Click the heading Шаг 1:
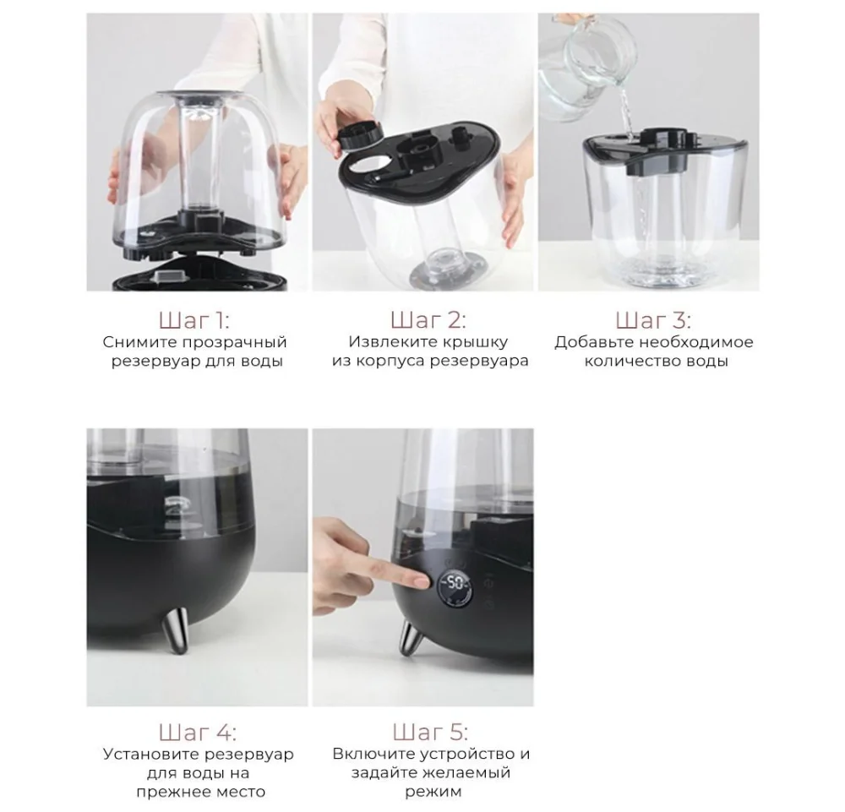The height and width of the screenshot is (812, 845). pyautogui.click(x=194, y=320)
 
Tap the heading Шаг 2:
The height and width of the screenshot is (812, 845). pyautogui.click(x=428, y=319)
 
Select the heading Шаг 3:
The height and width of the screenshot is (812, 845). pyautogui.click(x=653, y=320)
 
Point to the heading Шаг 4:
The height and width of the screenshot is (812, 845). pyautogui.click(x=197, y=733)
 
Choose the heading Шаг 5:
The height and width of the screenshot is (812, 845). pyautogui.click(x=430, y=733)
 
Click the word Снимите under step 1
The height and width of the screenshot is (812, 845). pyautogui.click(x=139, y=342)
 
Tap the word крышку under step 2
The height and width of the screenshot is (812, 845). pyautogui.click(x=474, y=342)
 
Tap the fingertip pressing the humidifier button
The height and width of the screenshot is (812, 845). pyautogui.click(x=422, y=581)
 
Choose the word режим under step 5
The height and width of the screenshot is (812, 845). pyautogui.click(x=433, y=792)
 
